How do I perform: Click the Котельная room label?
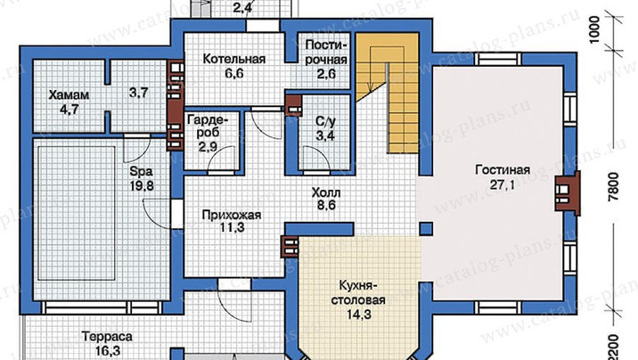tap(234, 59)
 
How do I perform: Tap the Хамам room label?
tap(69, 95)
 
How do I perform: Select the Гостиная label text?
tap(503, 169)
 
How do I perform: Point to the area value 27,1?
tap(502, 185)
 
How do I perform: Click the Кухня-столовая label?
tap(357, 293)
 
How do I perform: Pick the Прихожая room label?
tap(232, 215)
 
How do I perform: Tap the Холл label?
tap(326, 192)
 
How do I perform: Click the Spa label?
tap(138, 170)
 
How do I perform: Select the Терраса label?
tap(107, 337)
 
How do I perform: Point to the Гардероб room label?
tap(207, 127)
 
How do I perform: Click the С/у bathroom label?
tap(325, 121)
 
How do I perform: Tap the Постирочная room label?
tap(326, 52)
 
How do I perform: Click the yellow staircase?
tap(389, 93)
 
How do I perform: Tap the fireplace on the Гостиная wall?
tap(568, 192)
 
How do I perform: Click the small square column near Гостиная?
tap(426, 228)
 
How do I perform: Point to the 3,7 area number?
tap(139, 94)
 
